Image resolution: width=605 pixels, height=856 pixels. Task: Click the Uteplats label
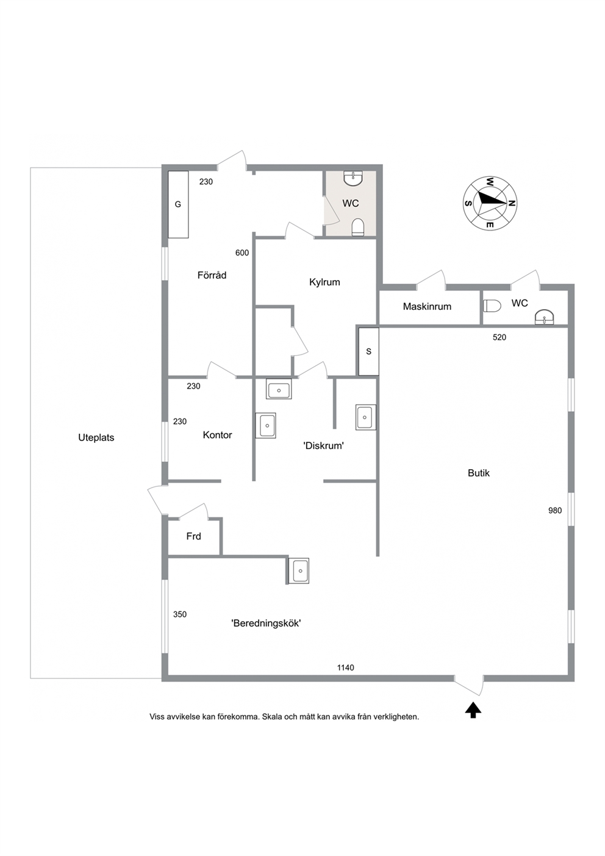[96, 437]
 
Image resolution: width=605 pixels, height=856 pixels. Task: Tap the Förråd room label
[212, 275]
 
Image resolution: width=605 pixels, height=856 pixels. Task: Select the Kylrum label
[324, 282]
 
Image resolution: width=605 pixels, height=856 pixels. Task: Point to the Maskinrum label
[427, 306]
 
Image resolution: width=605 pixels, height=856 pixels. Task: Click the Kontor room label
[217, 435]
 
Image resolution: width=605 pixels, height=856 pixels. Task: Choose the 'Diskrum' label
[324, 445]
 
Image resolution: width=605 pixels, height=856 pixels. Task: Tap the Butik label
[479, 473]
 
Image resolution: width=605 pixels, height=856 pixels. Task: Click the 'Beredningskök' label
[267, 624]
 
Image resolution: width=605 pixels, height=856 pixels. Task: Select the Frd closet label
[194, 536]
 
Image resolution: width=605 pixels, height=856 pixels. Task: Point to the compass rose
[490, 203]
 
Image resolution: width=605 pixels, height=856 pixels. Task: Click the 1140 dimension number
[345, 667]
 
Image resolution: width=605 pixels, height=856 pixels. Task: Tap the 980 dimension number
[555, 511]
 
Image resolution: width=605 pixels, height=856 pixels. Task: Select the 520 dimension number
[499, 337]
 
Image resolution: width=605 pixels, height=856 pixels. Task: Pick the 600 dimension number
[242, 253]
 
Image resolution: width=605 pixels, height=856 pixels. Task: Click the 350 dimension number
[180, 614]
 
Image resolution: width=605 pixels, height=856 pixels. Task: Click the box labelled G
[178, 204]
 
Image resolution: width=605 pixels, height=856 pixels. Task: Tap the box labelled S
[368, 351]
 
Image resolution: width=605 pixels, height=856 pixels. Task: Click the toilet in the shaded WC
[358, 227]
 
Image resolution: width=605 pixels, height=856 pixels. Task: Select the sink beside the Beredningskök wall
[299, 571]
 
